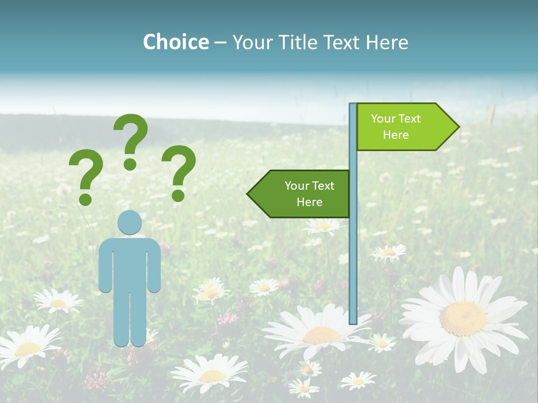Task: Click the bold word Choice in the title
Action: point(175,42)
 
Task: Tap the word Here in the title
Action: point(387,42)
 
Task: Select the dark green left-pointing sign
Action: point(303,194)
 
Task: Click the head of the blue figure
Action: point(129,222)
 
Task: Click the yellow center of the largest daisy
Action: point(463,318)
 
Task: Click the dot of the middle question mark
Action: point(131,164)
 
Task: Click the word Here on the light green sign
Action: point(396,135)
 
